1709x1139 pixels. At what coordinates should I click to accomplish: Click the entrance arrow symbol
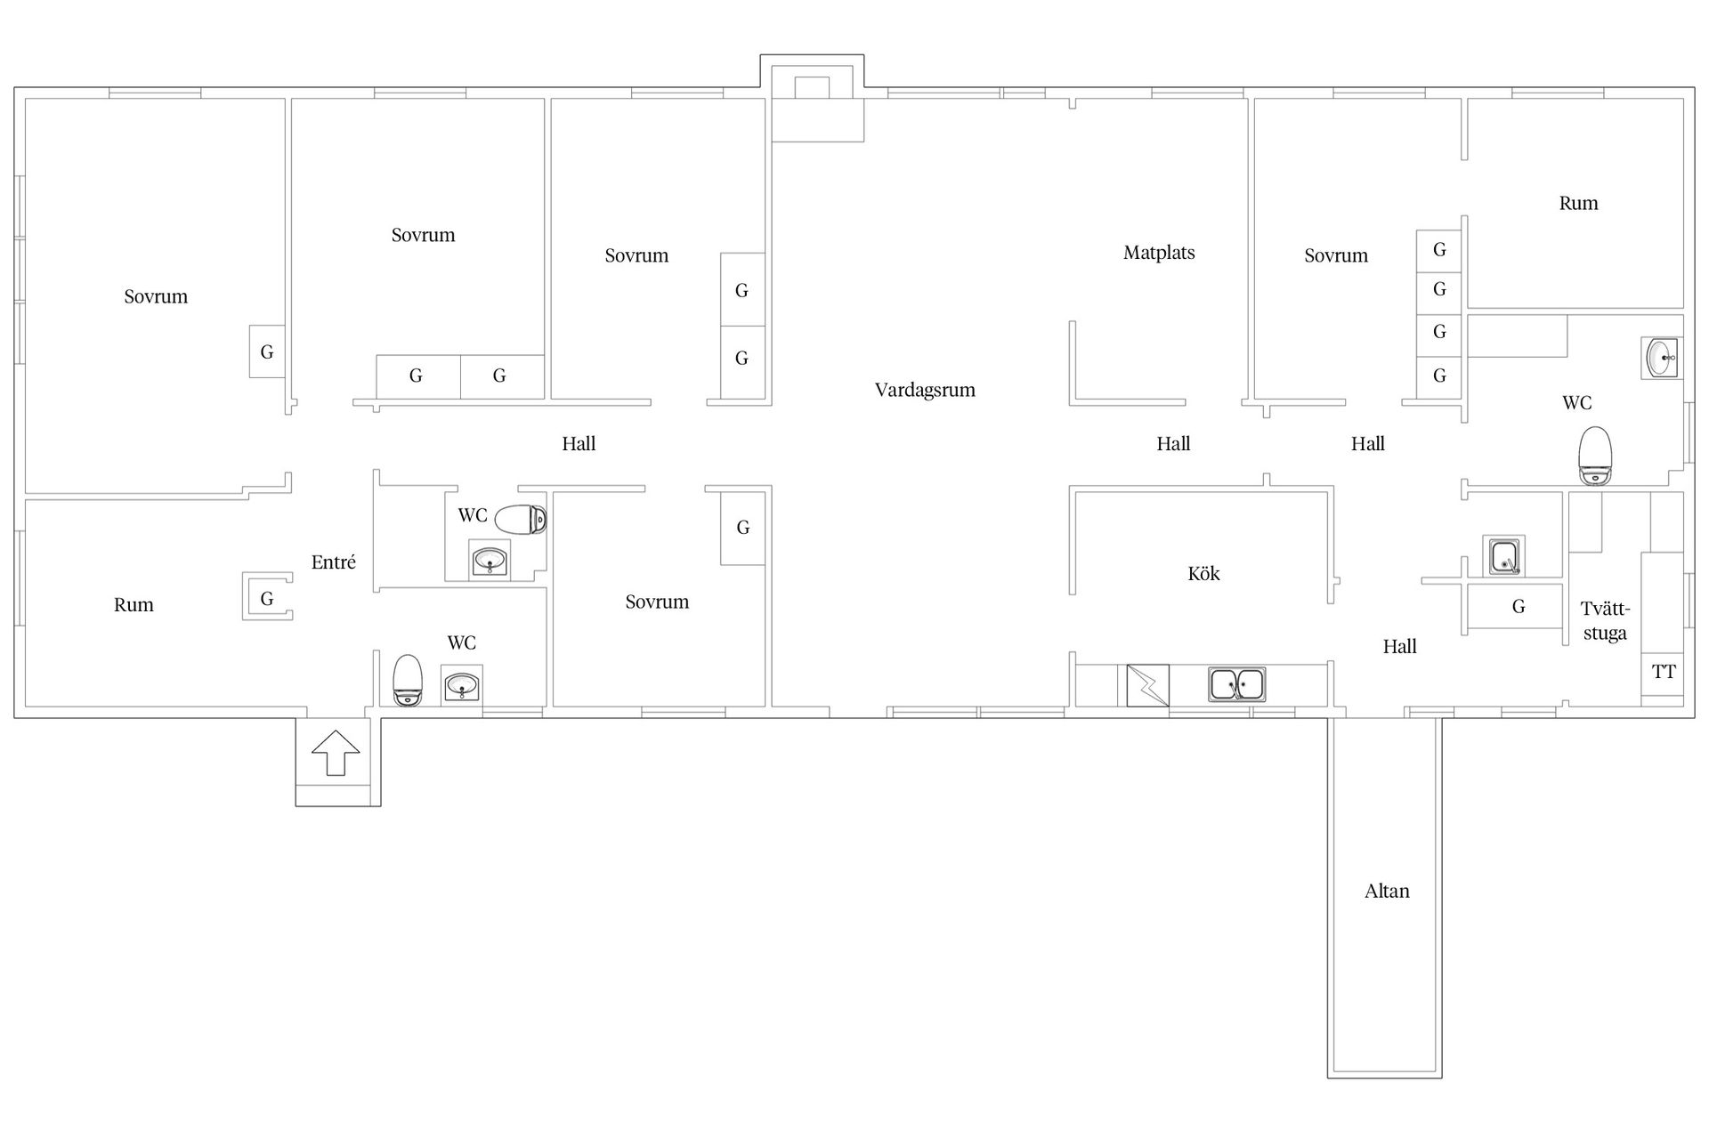[x=336, y=752]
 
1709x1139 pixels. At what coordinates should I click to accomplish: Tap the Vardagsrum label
[x=925, y=390]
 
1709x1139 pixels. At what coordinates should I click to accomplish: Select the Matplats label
[x=1159, y=253]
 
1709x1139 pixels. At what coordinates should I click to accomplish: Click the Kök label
[x=1203, y=574]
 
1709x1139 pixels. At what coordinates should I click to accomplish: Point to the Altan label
[x=1387, y=891]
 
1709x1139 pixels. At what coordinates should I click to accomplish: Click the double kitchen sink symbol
[x=1237, y=685]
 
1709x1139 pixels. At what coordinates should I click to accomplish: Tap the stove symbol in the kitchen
[x=1148, y=685]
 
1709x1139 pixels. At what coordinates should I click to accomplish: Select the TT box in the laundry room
[x=1663, y=673]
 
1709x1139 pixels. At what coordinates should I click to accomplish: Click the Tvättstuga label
[x=1605, y=621]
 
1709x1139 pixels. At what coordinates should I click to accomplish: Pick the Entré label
[x=334, y=561]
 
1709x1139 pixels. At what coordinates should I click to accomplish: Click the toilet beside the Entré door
[x=408, y=681]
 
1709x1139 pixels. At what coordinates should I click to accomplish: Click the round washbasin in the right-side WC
[x=1661, y=358]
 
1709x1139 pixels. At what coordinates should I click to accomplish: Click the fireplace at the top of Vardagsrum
[x=812, y=88]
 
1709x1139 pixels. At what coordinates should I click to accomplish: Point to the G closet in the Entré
[x=267, y=597]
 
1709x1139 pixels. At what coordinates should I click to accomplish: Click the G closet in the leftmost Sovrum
[x=267, y=351]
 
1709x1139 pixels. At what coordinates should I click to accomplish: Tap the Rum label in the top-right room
[x=1578, y=203]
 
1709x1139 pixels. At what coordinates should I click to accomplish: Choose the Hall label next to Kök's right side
[x=1399, y=647]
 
